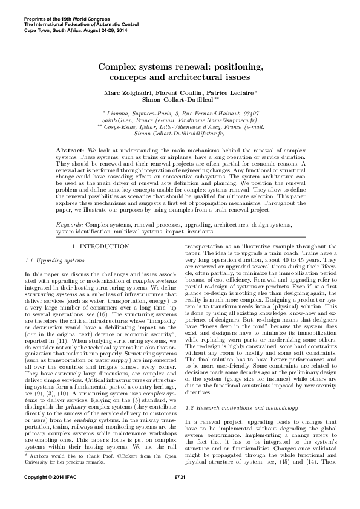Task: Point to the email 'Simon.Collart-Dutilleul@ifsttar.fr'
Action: tap(179, 134)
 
